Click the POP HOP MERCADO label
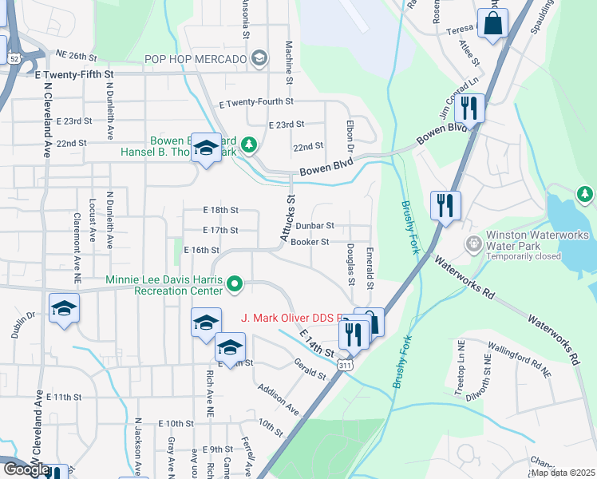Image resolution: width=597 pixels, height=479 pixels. pos(196,58)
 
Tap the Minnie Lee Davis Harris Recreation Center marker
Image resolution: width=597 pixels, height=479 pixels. pos(235,283)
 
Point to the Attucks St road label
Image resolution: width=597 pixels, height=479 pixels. pos(287,219)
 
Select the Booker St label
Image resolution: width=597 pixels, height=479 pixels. pos(310,242)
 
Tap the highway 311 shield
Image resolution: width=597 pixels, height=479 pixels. pos(345,365)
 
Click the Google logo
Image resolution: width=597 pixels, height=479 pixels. pos(26,469)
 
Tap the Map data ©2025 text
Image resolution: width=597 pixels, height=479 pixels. pos(563,473)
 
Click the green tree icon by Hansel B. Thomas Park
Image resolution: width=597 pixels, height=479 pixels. pos(250,144)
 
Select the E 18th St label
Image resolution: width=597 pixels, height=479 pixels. pos(221,210)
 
